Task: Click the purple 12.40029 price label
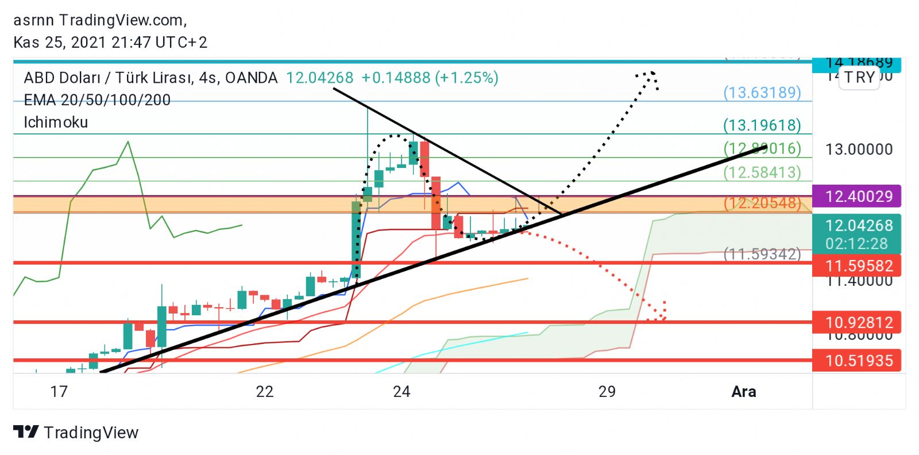[857, 197]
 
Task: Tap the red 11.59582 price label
[857, 266]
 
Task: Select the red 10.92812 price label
[857, 322]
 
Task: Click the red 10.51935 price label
[857, 361]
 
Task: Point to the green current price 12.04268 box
[857, 234]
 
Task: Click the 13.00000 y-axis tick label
[859, 150]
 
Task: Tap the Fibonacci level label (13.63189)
[762, 92]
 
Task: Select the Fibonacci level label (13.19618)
[762, 125]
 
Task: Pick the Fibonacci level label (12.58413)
[762, 172]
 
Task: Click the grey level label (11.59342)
[762, 254]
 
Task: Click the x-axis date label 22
[264, 392]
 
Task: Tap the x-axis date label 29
[607, 392]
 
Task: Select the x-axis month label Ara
[743, 392]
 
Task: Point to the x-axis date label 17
[59, 392]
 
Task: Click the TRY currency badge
[859, 77]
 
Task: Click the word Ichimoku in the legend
[56, 122]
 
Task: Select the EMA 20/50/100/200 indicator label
[97, 100]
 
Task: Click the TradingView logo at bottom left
[76, 432]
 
